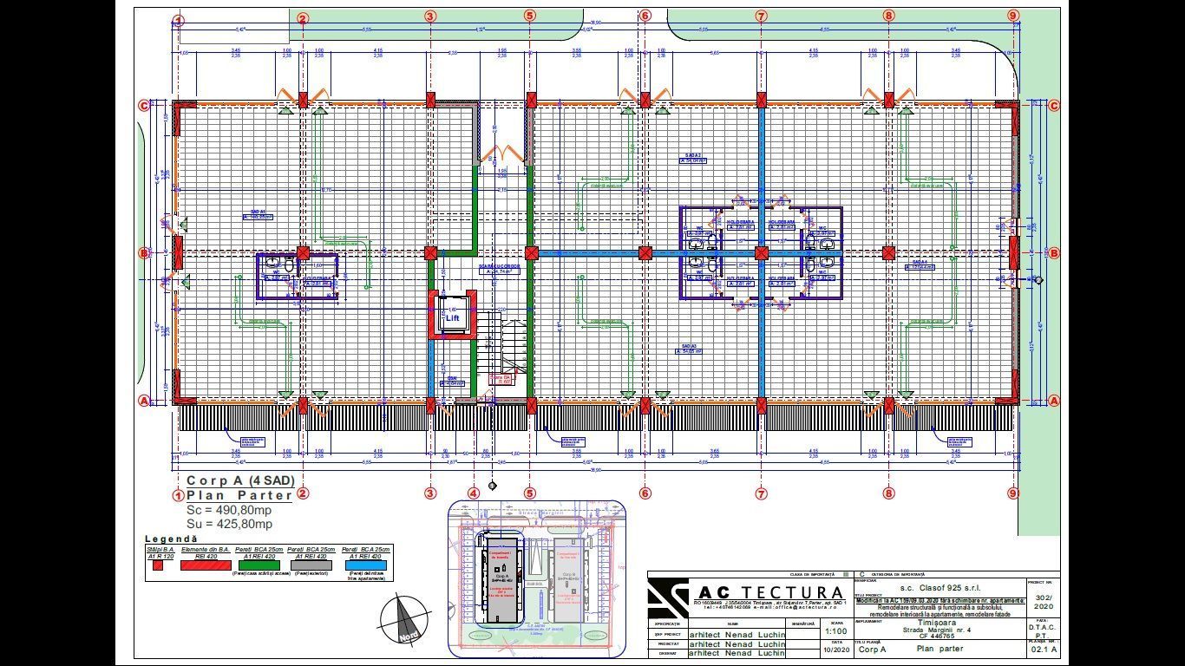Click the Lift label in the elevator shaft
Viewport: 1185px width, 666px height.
pyautogui.click(x=452, y=318)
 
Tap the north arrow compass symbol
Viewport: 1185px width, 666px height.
pyautogui.click(x=406, y=619)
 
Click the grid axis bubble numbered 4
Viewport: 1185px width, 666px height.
pyautogui.click(x=473, y=493)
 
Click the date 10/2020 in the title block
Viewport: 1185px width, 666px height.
pyautogui.click(x=835, y=649)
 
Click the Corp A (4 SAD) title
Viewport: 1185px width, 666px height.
pyautogui.click(x=240, y=480)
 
